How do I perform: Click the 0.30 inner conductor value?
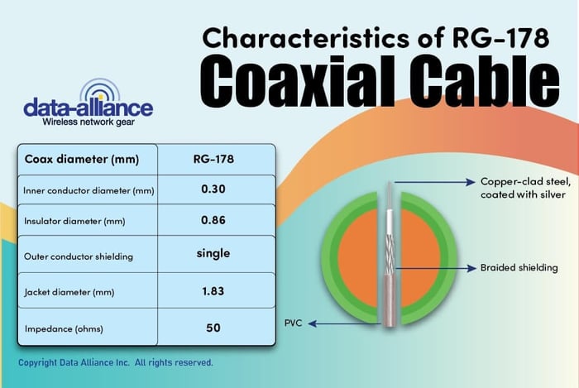coord(213,189)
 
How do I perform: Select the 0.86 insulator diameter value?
coord(213,220)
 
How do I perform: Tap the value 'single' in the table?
coord(213,254)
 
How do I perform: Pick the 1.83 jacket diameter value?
coord(213,291)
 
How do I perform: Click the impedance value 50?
coord(213,328)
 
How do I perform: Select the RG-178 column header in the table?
coord(213,159)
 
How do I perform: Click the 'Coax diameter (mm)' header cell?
coord(82,160)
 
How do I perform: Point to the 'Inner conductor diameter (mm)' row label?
coord(89,190)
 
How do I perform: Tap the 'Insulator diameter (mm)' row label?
coord(74,221)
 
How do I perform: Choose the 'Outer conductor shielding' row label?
coord(79,256)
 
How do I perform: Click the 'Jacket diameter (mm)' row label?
coord(69,292)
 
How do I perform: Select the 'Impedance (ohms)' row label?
coord(64,328)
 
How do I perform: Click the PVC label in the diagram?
coord(293,323)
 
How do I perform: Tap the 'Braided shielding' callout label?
coord(519,268)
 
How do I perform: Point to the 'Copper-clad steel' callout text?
coord(526,182)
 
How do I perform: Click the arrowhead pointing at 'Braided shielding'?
coord(472,268)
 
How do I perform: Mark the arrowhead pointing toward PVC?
coord(313,323)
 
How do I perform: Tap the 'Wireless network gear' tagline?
coord(89,122)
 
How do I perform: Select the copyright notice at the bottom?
coord(116,362)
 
